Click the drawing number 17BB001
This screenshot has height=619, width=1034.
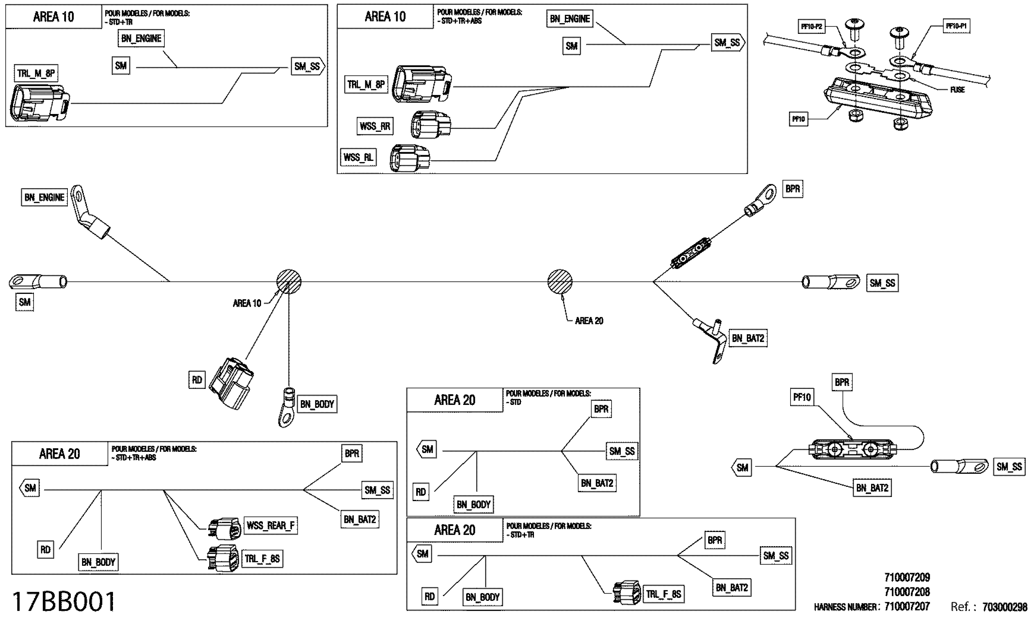(x=63, y=602)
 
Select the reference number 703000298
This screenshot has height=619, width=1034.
(x=1004, y=607)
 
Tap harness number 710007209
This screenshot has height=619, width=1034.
(x=907, y=578)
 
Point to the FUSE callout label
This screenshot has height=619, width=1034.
(x=957, y=90)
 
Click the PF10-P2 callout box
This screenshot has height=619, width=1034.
(x=811, y=27)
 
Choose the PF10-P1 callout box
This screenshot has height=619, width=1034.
(x=956, y=26)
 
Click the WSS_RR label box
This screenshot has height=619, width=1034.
(x=374, y=126)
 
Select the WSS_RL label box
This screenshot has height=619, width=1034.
(x=358, y=157)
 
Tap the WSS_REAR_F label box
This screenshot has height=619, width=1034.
(x=270, y=525)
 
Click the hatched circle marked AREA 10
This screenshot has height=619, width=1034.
(x=288, y=281)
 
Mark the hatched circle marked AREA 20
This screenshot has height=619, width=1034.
(x=560, y=281)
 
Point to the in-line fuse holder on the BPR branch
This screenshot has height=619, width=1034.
(x=690, y=253)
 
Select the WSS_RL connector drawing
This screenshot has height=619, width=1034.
(x=409, y=158)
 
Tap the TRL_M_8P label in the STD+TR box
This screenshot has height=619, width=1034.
(x=36, y=74)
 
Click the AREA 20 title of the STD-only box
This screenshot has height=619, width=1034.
(x=454, y=400)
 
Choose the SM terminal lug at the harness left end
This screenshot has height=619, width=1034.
(x=38, y=281)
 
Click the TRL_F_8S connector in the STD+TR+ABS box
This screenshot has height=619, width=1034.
(x=223, y=558)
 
